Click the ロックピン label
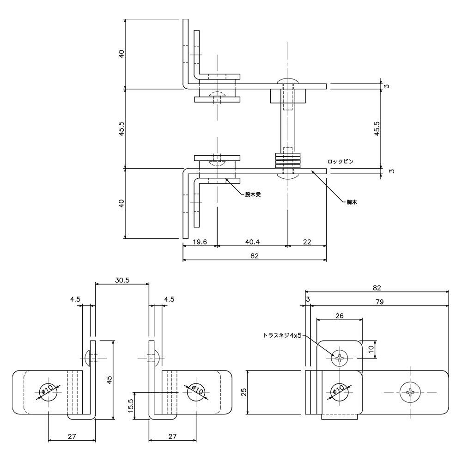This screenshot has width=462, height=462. (x=340, y=162)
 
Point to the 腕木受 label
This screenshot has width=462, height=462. (x=253, y=195)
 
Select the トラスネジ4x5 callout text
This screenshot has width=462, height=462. (x=282, y=336)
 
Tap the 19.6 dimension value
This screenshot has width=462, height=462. (x=200, y=242)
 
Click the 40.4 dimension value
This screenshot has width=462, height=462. (x=252, y=242)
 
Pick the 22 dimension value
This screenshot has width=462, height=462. (x=307, y=242)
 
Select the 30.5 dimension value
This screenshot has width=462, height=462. (x=122, y=280)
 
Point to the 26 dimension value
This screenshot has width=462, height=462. (x=339, y=316)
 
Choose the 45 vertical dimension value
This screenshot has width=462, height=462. (x=109, y=380)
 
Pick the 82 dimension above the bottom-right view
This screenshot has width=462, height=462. (x=377, y=288)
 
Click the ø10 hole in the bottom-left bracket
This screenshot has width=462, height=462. (x=49, y=392)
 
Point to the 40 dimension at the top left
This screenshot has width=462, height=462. (x=122, y=53)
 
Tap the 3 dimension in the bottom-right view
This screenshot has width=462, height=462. (x=308, y=300)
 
